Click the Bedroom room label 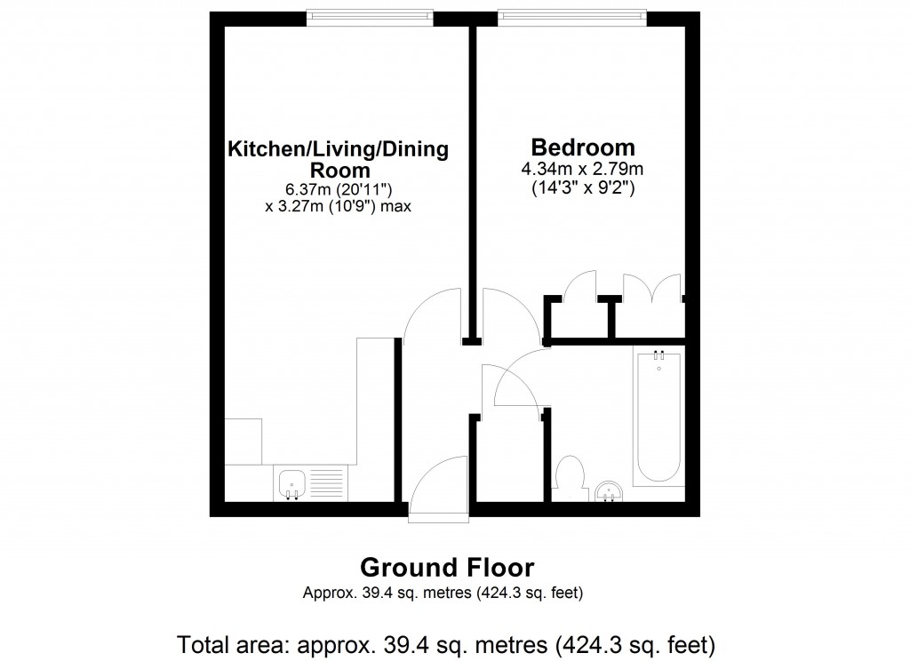pyautogui.click(x=583, y=147)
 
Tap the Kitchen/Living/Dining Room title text pyautogui.click(x=339, y=158)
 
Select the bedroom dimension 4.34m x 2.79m pyautogui.click(x=584, y=169)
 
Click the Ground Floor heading pyautogui.click(x=447, y=567)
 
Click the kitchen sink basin pyautogui.click(x=293, y=483)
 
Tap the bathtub pyautogui.click(x=659, y=418)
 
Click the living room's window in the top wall pyautogui.click(x=370, y=17)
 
